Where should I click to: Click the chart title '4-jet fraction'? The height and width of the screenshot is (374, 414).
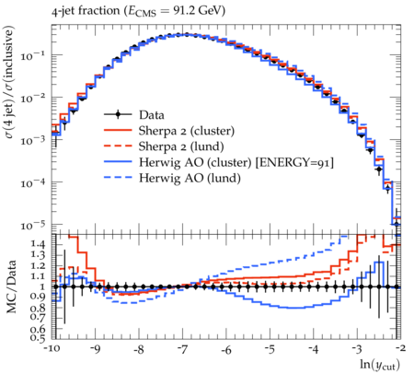[x=86, y=11]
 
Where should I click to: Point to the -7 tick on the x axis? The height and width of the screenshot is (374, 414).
[x=183, y=349]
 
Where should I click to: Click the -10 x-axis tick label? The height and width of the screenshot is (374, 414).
[x=52, y=349]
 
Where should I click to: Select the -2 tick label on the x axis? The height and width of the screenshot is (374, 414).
[x=400, y=348]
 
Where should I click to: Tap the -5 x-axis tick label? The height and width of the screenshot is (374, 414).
[x=270, y=349]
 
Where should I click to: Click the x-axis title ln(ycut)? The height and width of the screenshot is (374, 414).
[x=380, y=365]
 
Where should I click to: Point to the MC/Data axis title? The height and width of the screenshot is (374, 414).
[x=11, y=286]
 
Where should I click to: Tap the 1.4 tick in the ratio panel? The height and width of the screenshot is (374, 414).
[x=39, y=244]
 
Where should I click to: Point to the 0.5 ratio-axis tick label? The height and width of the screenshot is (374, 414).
[x=39, y=338]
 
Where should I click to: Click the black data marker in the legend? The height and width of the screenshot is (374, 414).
[x=118, y=115]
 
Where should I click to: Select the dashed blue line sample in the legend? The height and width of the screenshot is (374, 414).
[x=118, y=178]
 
